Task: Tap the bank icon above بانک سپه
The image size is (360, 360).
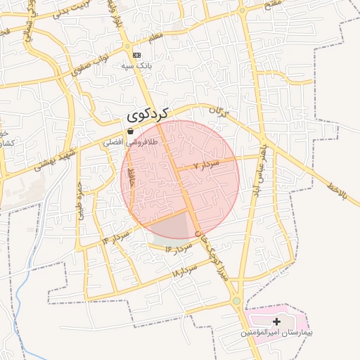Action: (136, 55)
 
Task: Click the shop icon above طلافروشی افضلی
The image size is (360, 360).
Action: (130, 131)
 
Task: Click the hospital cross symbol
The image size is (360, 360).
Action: (276, 321)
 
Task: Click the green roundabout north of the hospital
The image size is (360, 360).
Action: (236, 301)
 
